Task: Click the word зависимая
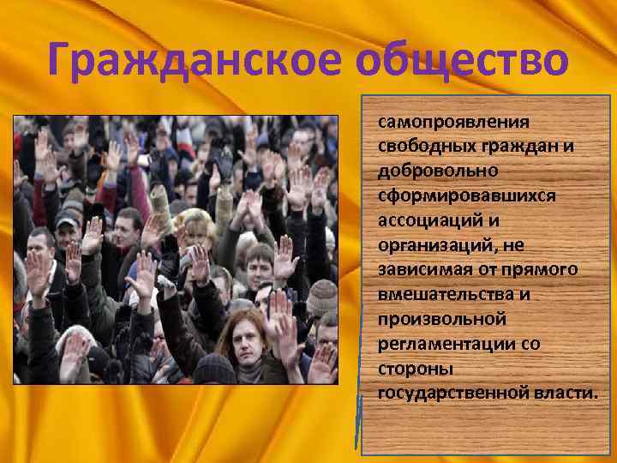tap(421, 269)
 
